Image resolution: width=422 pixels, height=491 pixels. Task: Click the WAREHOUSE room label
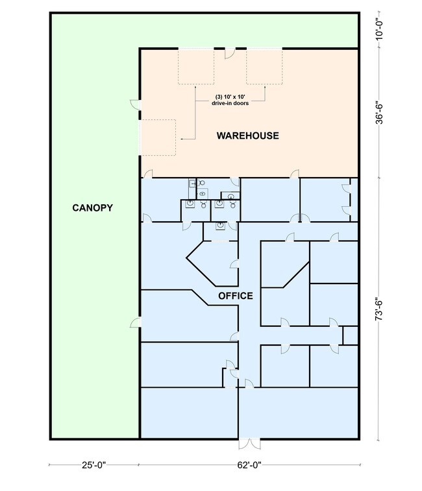(248, 136)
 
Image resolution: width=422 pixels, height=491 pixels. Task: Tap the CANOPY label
(92, 208)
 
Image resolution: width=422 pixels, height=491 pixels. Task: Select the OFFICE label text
(236, 296)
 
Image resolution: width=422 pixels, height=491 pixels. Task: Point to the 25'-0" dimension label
(94, 465)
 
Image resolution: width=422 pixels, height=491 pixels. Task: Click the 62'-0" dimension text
(249, 465)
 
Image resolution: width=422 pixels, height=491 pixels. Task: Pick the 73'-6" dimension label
(379, 309)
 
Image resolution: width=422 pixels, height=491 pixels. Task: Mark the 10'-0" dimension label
(379, 30)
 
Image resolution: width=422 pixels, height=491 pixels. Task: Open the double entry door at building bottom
(249, 444)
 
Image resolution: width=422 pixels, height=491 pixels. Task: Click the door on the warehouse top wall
(230, 54)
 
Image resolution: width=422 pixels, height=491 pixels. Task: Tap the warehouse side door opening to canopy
(135, 104)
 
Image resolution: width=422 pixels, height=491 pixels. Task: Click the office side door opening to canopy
(135, 322)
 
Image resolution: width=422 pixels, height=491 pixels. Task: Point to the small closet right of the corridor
(351, 336)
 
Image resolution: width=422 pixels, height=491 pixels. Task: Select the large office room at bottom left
(189, 413)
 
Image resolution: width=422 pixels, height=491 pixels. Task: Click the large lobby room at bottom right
(298, 413)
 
